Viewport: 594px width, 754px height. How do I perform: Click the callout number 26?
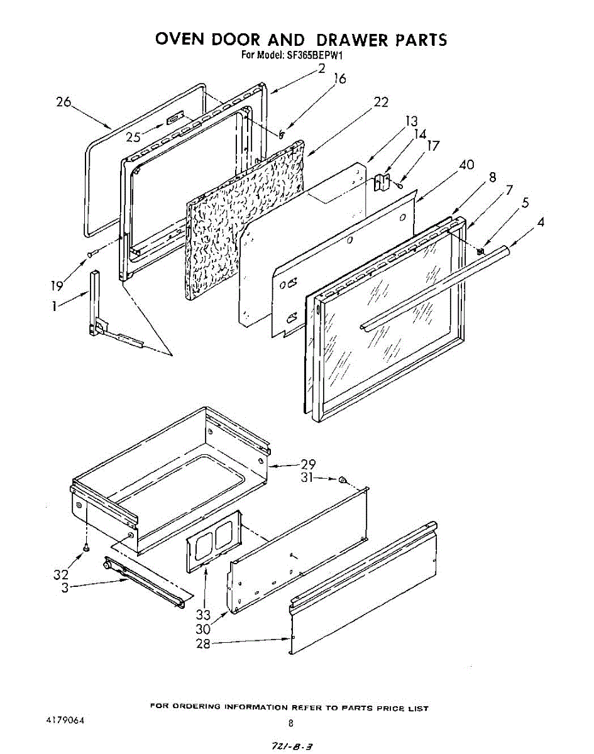tap(64, 102)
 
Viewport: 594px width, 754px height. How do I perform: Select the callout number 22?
tap(381, 102)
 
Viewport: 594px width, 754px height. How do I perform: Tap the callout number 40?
tap(466, 165)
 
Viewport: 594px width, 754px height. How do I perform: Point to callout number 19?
tap(57, 286)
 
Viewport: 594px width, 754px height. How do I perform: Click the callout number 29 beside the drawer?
tap(308, 465)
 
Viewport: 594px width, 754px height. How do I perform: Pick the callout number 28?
tap(203, 644)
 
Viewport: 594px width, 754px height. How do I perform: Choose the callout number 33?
tap(203, 615)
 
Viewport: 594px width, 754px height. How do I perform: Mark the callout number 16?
tap(339, 79)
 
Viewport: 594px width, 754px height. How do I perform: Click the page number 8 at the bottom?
tap(290, 723)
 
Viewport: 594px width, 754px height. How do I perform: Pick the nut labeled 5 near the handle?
tap(481, 251)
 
